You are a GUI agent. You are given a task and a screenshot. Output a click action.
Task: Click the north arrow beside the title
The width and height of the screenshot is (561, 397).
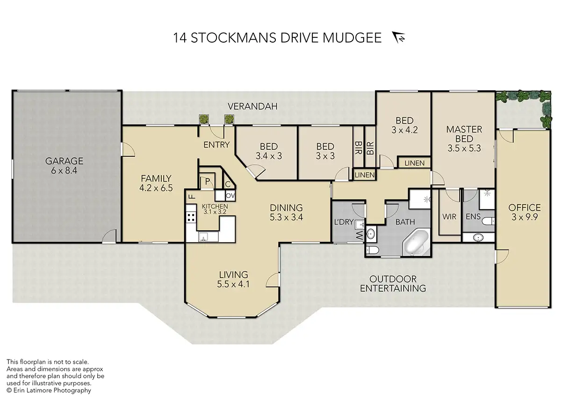click(x=398, y=37)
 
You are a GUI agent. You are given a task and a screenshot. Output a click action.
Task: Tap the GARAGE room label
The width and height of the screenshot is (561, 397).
click(x=64, y=161)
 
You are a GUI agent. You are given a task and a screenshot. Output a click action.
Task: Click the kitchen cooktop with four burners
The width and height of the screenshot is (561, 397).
click(x=191, y=217)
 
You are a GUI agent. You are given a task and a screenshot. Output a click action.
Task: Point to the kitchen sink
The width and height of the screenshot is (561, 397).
click(x=203, y=236)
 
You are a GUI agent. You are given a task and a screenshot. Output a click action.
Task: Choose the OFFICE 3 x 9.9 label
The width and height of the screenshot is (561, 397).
click(x=525, y=212)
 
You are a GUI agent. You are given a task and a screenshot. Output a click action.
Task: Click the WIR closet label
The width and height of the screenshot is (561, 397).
click(x=449, y=217)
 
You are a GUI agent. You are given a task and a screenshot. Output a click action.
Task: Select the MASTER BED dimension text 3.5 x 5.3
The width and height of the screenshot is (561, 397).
click(x=464, y=148)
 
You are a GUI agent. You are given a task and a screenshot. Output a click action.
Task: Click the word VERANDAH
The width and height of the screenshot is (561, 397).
click(x=252, y=106)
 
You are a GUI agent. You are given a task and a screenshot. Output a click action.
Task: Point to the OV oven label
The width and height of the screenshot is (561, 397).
click(x=230, y=196)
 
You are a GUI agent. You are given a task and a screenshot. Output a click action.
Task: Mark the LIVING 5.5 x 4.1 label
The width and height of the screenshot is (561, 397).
click(x=233, y=279)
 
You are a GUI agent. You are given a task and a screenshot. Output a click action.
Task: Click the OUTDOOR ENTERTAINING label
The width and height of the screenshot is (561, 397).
click(x=393, y=284)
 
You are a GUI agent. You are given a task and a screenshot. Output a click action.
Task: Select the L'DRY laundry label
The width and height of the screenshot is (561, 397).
click(x=344, y=222)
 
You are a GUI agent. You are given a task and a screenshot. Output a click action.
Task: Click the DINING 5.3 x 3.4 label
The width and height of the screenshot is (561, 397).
click(x=286, y=212)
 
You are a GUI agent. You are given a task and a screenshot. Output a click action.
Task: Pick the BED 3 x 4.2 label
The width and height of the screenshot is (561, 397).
click(x=404, y=125)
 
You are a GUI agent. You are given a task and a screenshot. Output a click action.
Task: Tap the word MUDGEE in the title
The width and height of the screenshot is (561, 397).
click(x=352, y=38)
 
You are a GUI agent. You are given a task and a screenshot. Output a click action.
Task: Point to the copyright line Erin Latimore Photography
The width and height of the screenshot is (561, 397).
click(x=49, y=390)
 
